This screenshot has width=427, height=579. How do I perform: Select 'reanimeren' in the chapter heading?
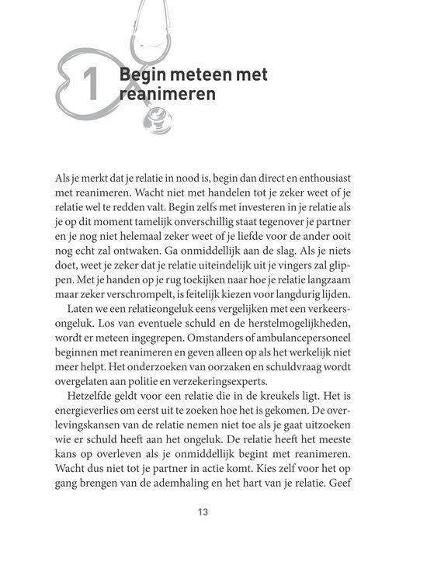pyautogui.click(x=166, y=95)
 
